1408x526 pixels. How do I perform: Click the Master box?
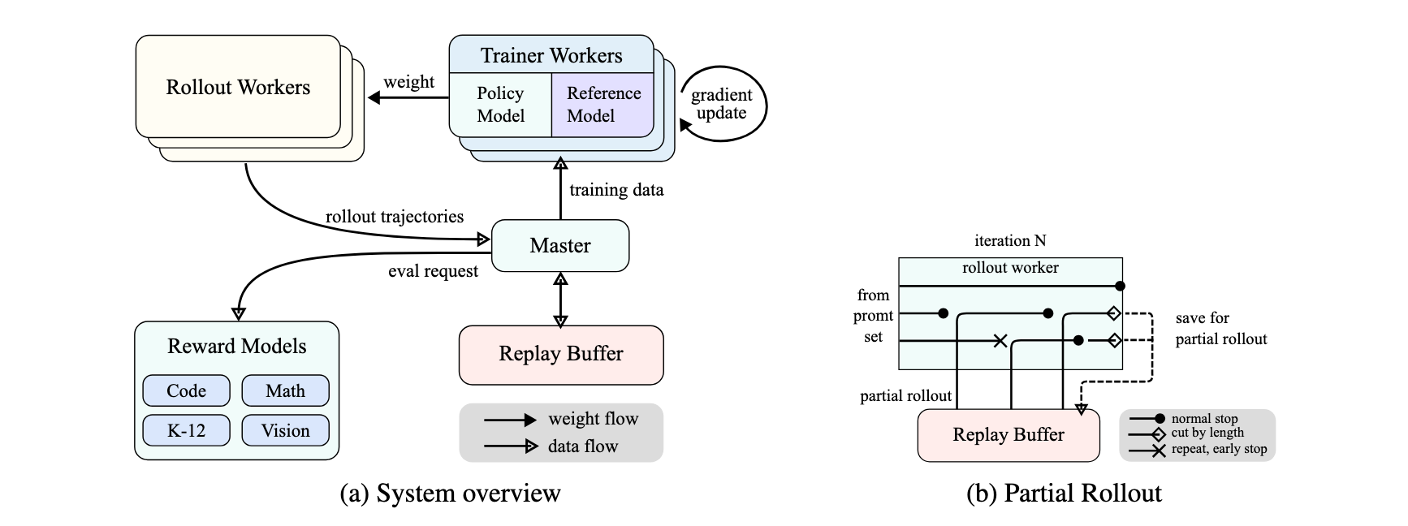tap(560, 245)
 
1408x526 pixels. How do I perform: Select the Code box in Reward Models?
tap(186, 390)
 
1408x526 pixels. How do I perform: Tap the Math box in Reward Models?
tap(285, 390)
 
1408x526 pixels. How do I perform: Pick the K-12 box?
tap(186, 430)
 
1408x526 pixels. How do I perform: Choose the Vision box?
tap(285, 430)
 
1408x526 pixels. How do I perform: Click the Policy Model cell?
tap(500, 105)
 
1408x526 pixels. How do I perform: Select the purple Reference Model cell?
tap(603, 105)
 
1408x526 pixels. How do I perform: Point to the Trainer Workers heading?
tap(551, 55)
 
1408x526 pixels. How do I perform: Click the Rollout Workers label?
tap(238, 87)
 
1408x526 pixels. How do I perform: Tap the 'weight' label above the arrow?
tap(408, 82)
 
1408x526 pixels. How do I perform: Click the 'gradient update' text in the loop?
tap(721, 104)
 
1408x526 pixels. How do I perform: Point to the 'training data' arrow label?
tap(616, 190)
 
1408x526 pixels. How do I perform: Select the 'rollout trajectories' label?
tap(395, 217)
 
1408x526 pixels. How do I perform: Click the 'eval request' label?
tap(433, 271)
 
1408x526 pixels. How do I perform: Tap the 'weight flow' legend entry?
tap(593, 419)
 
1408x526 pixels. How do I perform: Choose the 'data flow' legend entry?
tap(582, 446)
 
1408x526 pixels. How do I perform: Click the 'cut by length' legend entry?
tap(1207, 433)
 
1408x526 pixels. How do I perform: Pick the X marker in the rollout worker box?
tap(1000, 341)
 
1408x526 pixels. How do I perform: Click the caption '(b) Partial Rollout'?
tap(1064, 494)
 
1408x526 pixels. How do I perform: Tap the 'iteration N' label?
tap(1010, 240)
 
